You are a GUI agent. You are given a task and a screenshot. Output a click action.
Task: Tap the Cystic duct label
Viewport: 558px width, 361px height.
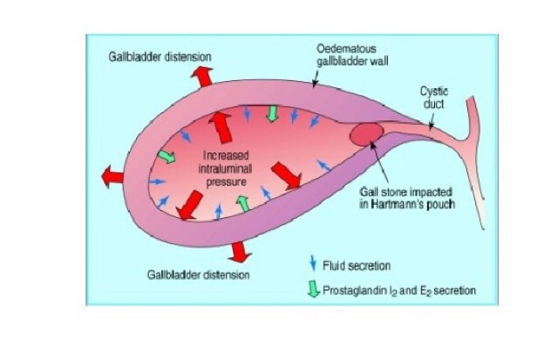(x=433, y=97)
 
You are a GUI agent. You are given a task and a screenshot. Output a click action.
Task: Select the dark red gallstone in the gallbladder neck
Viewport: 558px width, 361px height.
(x=365, y=135)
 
